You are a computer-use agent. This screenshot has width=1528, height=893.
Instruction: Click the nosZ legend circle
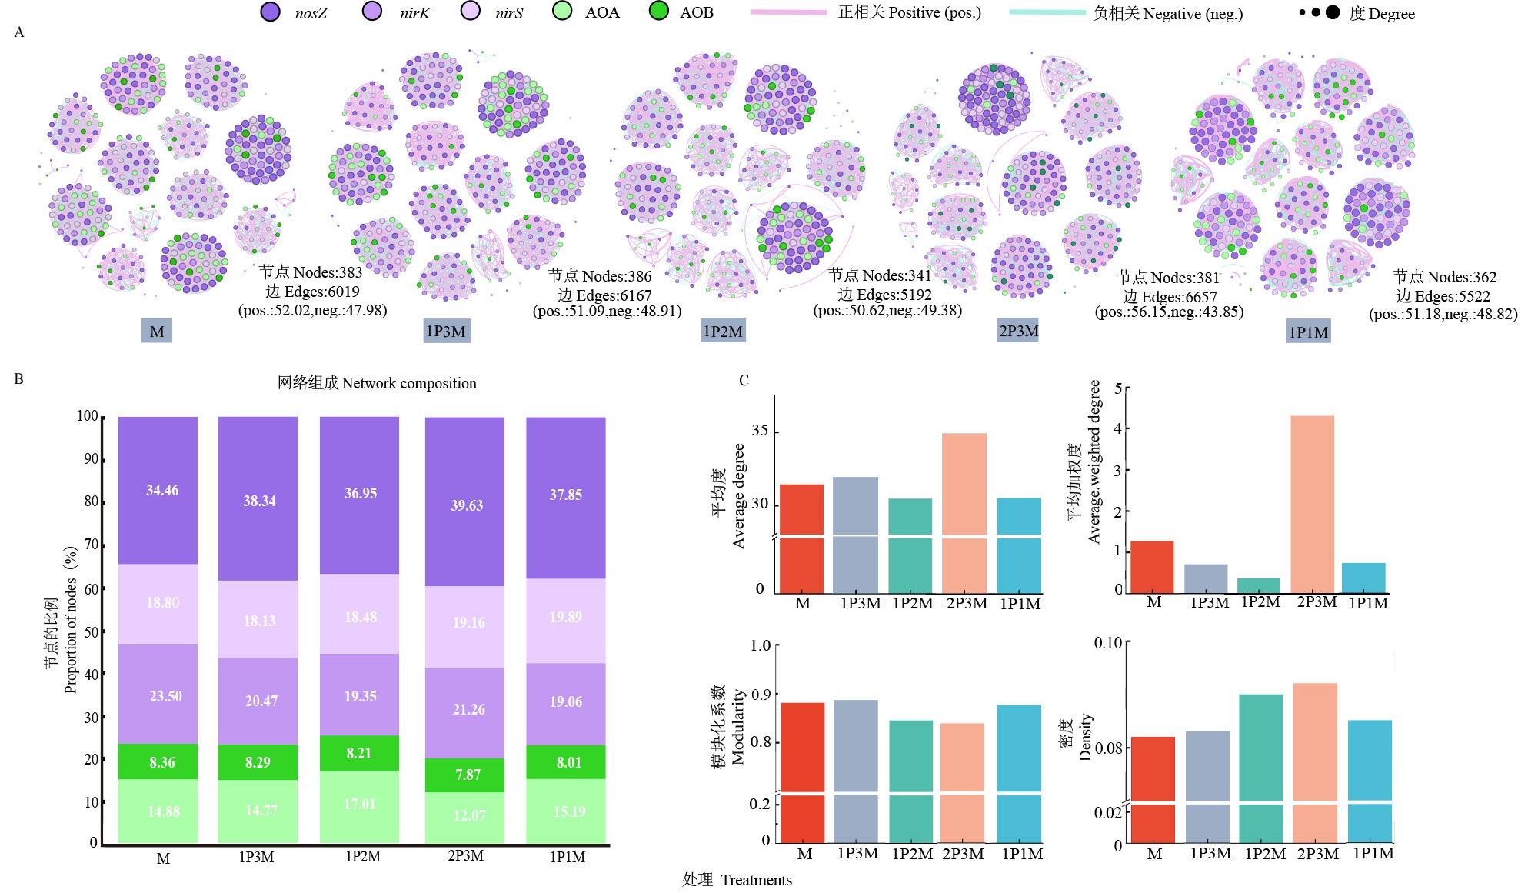(271, 12)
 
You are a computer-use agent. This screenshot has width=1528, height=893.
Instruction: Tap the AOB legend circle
(659, 12)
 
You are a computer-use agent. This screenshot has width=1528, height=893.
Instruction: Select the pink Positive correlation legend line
(789, 13)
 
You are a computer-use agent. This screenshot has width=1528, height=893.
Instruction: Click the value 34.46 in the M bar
(162, 491)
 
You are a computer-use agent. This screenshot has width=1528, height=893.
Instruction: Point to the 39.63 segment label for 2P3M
(467, 505)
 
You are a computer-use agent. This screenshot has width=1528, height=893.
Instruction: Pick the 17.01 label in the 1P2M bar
(360, 805)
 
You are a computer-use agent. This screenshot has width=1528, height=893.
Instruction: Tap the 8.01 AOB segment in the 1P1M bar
(566, 762)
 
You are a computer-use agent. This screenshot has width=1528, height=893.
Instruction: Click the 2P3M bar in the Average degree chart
(964, 485)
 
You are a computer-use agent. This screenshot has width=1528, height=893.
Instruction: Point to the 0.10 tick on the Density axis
(1108, 643)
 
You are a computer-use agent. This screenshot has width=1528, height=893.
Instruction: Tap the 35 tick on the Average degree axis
(760, 431)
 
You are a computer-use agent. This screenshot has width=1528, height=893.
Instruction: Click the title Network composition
(377, 383)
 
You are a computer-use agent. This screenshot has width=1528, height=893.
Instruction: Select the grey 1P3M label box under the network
(447, 332)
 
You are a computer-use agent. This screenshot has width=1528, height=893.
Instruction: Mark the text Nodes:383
(311, 272)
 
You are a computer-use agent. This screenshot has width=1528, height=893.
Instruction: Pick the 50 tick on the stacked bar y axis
(91, 631)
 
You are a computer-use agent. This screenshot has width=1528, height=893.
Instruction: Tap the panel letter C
(744, 380)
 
